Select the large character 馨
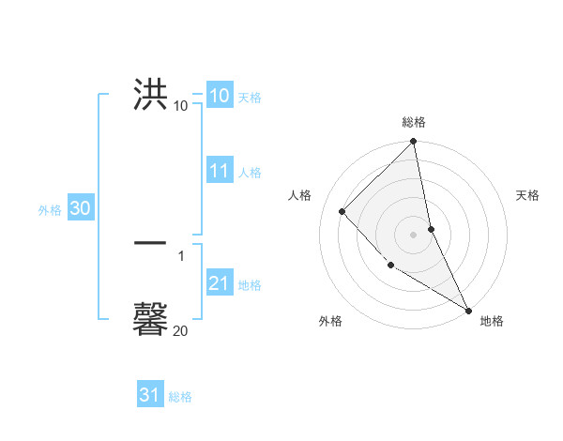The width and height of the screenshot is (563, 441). (151, 318)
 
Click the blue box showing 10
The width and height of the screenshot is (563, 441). (219, 95)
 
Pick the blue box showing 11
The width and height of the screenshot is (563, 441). (219, 171)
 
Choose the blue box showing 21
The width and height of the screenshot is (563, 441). (219, 283)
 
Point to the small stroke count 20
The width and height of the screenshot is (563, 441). (180, 330)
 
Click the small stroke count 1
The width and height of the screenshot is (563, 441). (181, 255)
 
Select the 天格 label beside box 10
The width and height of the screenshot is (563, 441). (250, 98)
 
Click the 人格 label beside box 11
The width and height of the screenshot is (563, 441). (250, 173)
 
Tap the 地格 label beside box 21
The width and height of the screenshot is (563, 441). (250, 285)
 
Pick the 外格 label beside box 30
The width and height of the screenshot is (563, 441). (50, 210)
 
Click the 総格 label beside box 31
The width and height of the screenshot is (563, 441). (180, 397)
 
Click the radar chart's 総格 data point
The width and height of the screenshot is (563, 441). (414, 142)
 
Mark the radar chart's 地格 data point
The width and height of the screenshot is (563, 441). (468, 310)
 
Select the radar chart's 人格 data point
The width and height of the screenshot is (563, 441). (342, 211)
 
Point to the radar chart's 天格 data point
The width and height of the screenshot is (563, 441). (431, 229)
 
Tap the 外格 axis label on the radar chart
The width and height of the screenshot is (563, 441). (330, 321)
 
